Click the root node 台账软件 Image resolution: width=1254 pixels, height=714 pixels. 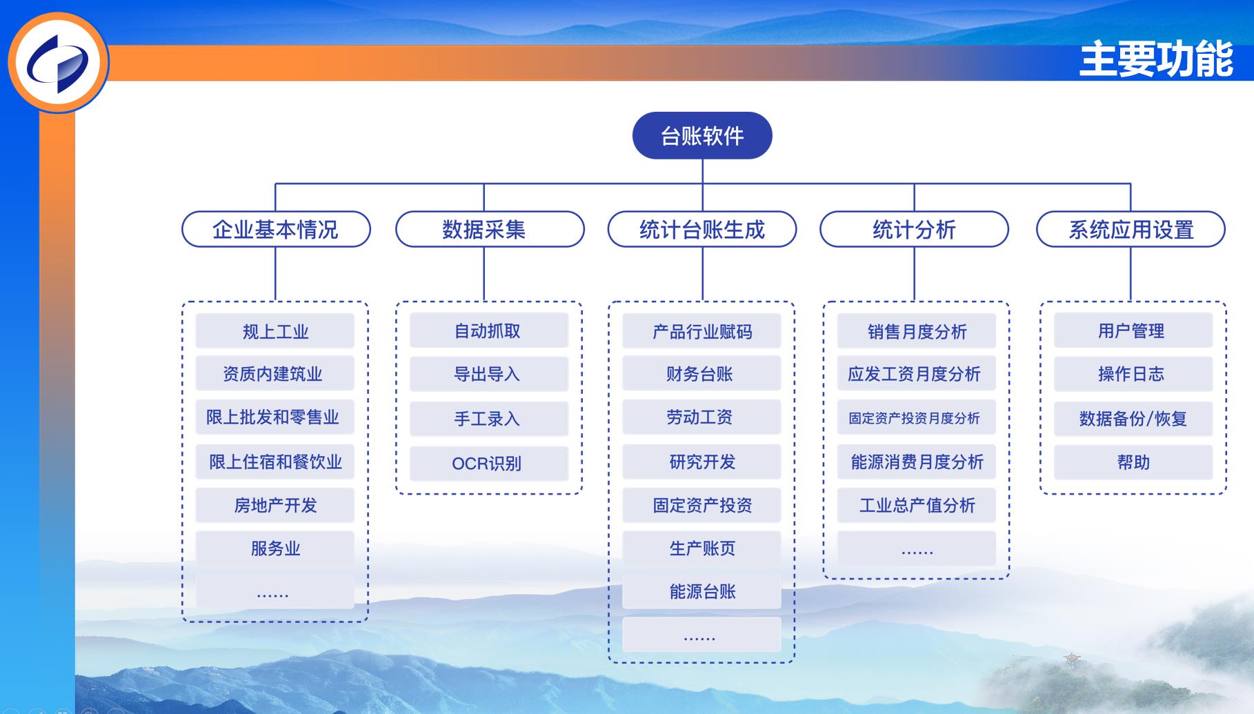click(702, 136)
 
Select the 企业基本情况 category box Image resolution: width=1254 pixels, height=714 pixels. click(276, 229)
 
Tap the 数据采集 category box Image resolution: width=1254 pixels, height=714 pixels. click(490, 229)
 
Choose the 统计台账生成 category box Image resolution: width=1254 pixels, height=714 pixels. click(702, 229)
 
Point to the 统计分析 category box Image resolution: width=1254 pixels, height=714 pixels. click(914, 229)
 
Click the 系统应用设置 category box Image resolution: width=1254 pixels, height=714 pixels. click(1131, 229)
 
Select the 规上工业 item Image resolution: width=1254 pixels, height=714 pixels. click(275, 331)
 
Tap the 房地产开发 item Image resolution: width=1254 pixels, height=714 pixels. click(275, 505)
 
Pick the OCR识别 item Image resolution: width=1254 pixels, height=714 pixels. click(489, 463)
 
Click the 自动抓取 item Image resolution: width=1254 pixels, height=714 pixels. click(489, 330)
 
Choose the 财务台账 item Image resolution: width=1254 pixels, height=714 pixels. click(701, 374)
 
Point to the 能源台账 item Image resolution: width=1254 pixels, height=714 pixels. click(701, 591)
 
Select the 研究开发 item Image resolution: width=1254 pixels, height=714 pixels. click(701, 462)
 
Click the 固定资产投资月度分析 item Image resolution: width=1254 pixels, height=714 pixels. click(917, 417)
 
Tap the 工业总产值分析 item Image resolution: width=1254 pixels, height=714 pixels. click(917, 505)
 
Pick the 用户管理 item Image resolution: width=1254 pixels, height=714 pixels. click(1133, 330)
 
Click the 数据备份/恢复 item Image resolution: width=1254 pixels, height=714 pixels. click(1133, 418)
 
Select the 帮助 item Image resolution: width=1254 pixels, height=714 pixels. click(1133, 462)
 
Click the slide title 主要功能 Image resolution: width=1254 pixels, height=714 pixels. click(1157, 59)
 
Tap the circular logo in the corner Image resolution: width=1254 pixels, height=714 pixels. click(59, 62)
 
